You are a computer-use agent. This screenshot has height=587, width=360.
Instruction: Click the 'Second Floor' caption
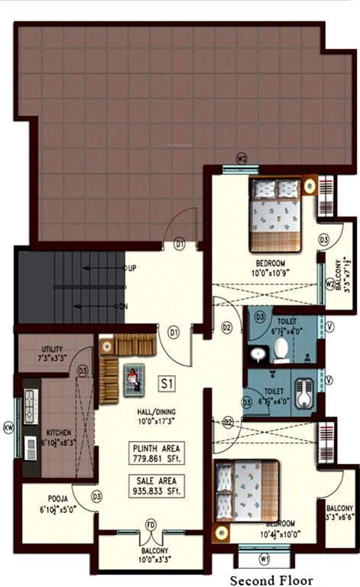[x=273, y=579]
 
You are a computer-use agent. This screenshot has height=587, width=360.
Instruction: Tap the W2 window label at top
[x=242, y=159]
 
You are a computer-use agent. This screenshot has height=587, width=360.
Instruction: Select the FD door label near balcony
[x=151, y=525]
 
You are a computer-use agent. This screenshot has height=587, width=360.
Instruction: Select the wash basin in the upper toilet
[x=258, y=353]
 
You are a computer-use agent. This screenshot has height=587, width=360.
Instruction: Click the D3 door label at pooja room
[x=96, y=497]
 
